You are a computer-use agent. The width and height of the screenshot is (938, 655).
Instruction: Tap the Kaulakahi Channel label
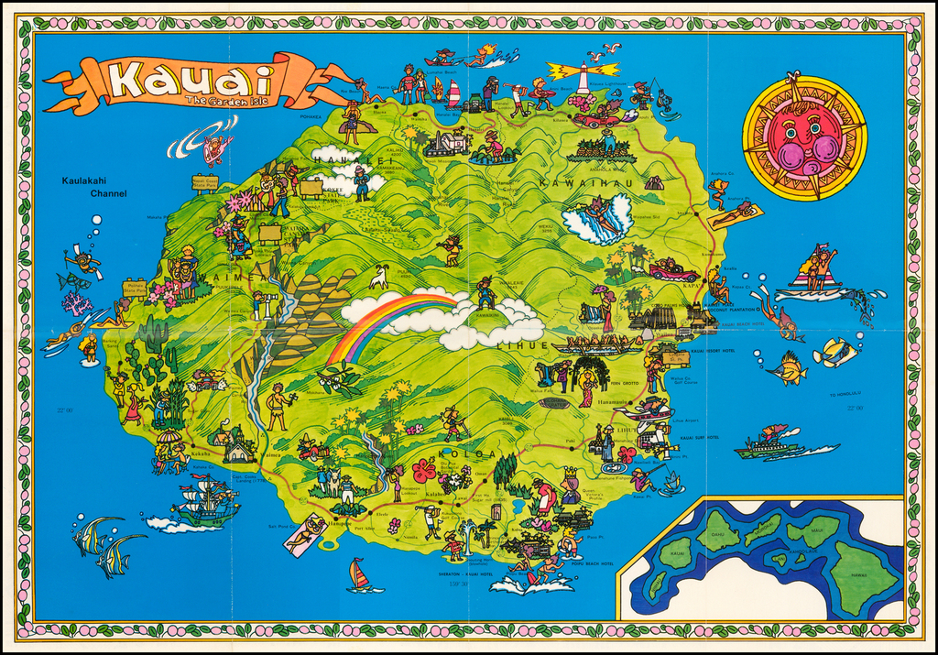tap(93, 187)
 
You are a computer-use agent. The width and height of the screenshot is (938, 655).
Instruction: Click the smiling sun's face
tap(803, 137)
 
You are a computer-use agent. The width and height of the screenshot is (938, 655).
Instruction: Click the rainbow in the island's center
tap(385, 321)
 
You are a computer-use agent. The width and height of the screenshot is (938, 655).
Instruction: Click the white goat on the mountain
tap(378, 278)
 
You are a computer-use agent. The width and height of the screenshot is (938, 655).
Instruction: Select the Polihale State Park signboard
tap(135, 288)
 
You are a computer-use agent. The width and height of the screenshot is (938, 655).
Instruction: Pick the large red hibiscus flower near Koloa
tap(423, 470)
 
